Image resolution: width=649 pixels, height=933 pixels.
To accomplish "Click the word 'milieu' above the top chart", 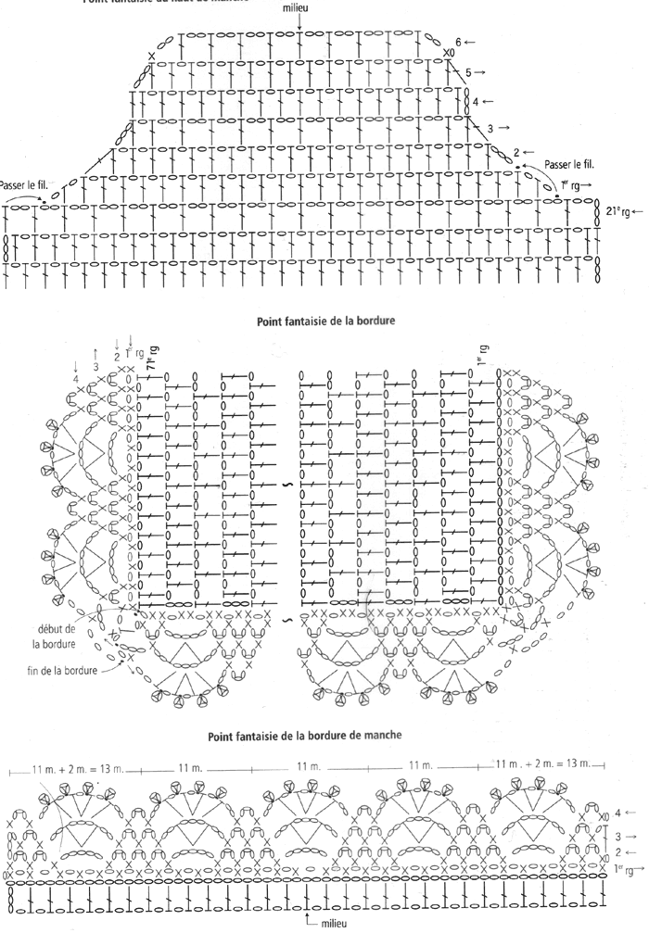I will [302, 7].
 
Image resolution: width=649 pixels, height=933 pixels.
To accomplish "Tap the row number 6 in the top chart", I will [458, 42].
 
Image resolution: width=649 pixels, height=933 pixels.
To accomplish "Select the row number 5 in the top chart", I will [469, 71].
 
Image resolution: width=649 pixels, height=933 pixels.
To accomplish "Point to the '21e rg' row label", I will [617, 211].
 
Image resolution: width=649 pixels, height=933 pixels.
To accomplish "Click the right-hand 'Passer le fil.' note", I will [568, 164].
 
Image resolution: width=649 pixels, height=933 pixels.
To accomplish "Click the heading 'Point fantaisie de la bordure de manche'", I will [324, 738].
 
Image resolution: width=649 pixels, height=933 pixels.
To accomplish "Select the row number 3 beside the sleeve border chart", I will [617, 833].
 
